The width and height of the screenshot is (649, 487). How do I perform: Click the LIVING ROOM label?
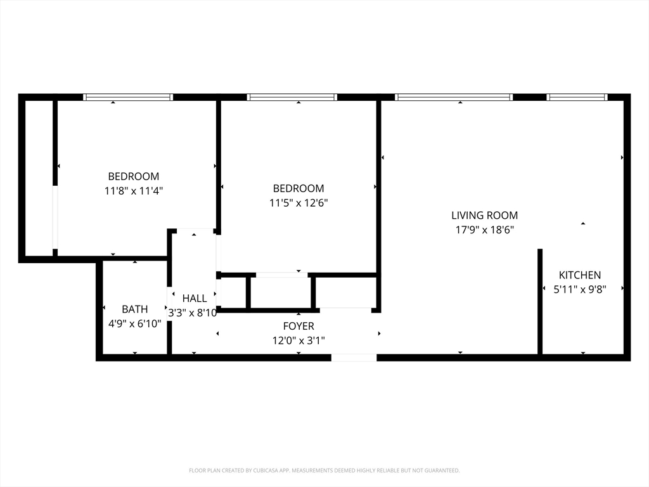pyautogui.click(x=484, y=216)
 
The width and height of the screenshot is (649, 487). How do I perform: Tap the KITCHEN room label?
pyautogui.click(x=580, y=275)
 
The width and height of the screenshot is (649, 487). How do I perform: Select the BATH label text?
pyautogui.click(x=134, y=309)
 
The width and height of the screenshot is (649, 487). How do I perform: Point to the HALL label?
pyautogui.click(x=195, y=298)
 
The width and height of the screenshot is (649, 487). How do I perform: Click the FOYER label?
pyautogui.click(x=299, y=326)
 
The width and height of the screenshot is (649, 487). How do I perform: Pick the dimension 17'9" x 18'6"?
pyautogui.click(x=485, y=230)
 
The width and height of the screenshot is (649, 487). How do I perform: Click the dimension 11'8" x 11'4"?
pyautogui.click(x=134, y=191)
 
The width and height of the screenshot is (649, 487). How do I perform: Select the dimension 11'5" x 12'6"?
pyautogui.click(x=299, y=203)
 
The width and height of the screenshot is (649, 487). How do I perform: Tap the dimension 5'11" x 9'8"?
pyautogui.click(x=580, y=289)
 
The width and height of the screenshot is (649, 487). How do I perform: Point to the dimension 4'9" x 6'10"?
pyautogui.click(x=134, y=323)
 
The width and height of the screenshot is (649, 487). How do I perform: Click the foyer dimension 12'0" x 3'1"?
pyautogui.click(x=299, y=341)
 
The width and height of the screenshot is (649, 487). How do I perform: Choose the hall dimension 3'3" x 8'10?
pyautogui.click(x=193, y=313)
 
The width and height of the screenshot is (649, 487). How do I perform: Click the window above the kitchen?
pyautogui.click(x=577, y=97)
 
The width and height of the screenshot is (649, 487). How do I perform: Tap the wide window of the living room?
pyautogui.click(x=454, y=97)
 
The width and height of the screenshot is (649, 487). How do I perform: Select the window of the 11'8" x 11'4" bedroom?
pyautogui.click(x=128, y=97)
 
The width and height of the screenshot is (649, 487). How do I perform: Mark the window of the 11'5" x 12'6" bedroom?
pyautogui.click(x=292, y=97)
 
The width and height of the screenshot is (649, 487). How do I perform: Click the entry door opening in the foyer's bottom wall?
pyautogui.click(x=354, y=358)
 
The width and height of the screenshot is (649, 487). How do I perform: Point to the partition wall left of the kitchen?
pyautogui.click(x=540, y=301)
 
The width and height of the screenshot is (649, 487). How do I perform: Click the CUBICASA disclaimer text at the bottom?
pyautogui.click(x=324, y=471)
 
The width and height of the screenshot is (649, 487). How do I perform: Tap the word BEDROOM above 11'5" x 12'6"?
pyautogui.click(x=299, y=188)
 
